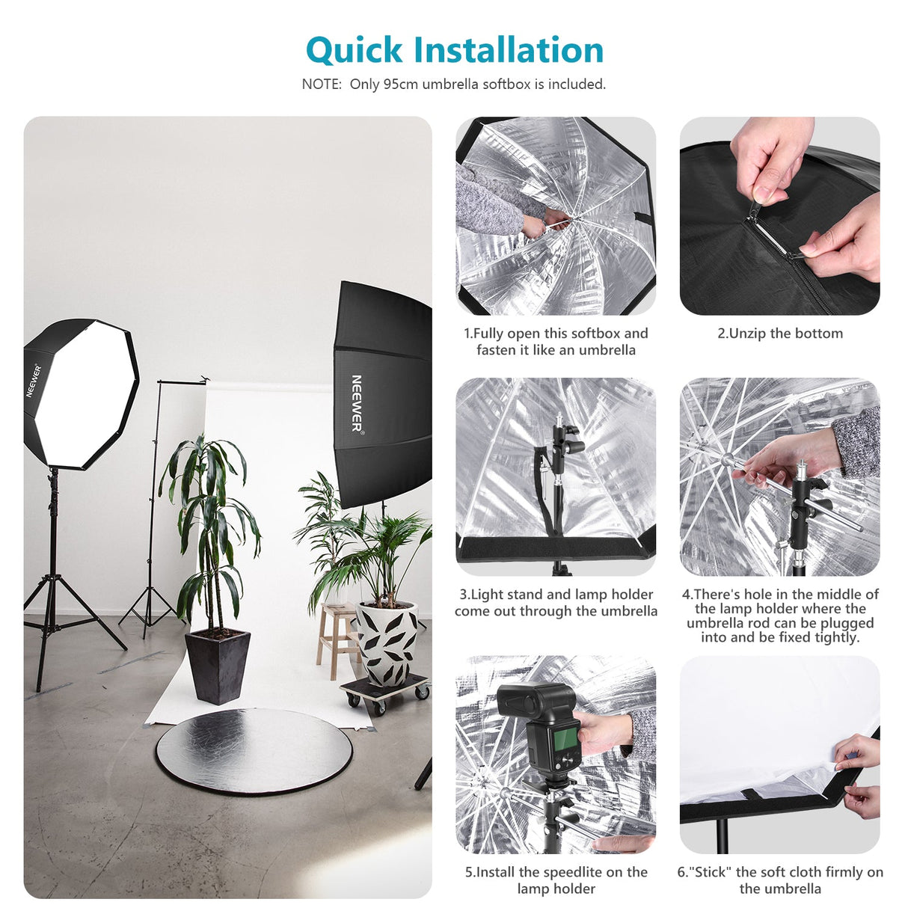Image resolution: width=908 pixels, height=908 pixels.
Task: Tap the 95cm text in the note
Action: [400, 85]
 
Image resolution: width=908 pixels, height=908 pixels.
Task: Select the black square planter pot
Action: [217, 666]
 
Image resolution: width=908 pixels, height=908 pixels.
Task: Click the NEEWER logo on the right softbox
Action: [357, 403]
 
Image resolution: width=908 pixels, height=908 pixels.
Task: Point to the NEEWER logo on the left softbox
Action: [34, 380]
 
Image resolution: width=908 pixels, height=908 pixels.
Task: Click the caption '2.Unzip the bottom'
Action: [779, 334]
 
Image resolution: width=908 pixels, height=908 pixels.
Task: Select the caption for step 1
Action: [556, 342]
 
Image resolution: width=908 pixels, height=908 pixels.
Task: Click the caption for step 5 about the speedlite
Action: [556, 880]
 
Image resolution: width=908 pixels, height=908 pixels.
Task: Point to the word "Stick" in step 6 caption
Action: [711, 872]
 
